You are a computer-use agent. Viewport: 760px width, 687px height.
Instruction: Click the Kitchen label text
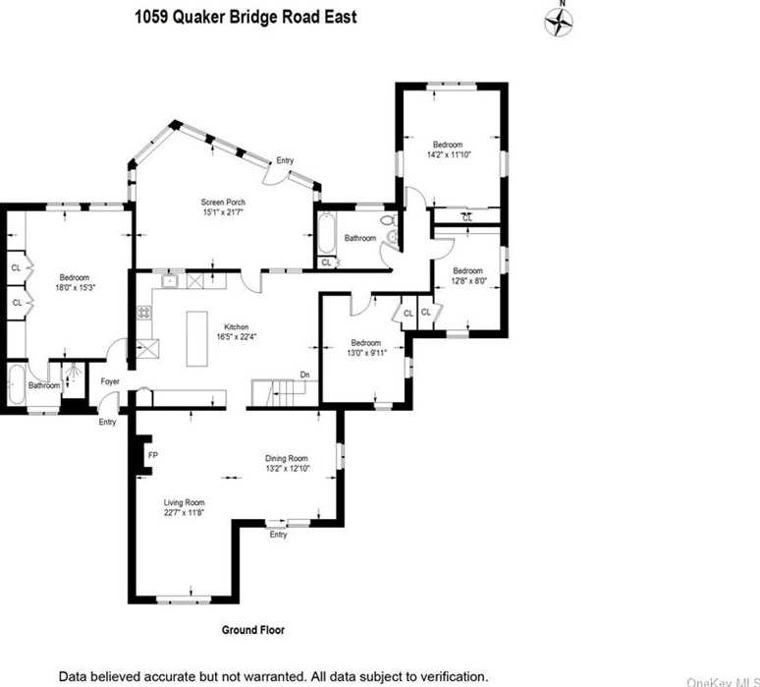click(237, 326)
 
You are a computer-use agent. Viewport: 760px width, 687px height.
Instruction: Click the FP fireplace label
click(152, 456)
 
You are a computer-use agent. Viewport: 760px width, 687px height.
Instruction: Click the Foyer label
click(109, 381)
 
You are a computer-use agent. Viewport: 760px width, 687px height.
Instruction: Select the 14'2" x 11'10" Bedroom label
click(448, 149)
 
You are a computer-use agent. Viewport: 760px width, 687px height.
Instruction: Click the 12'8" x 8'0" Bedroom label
click(467, 276)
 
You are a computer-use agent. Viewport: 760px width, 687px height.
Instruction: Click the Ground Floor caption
click(252, 630)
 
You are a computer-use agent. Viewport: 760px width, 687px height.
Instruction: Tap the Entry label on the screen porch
click(285, 160)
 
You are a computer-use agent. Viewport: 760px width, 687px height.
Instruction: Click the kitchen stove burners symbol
click(144, 314)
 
